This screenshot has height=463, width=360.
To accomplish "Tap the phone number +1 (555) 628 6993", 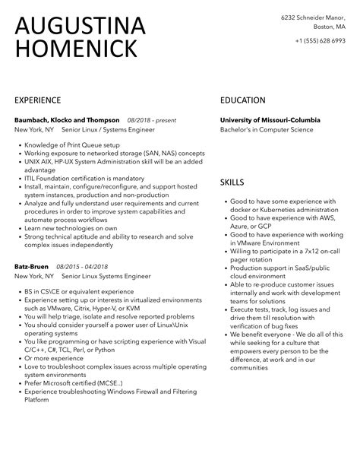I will point(317,40).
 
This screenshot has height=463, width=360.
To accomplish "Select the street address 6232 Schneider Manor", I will point(312,17).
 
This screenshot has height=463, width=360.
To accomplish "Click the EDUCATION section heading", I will point(242,100).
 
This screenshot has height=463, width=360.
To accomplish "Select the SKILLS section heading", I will point(232,183).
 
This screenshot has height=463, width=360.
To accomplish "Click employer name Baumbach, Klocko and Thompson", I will point(67,120).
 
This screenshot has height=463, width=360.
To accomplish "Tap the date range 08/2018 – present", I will point(152,120).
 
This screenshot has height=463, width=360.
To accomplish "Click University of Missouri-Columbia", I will point(270,120).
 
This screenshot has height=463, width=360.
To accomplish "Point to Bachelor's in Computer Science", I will point(267,130).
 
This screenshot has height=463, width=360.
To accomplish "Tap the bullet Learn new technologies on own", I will point(71,228).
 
